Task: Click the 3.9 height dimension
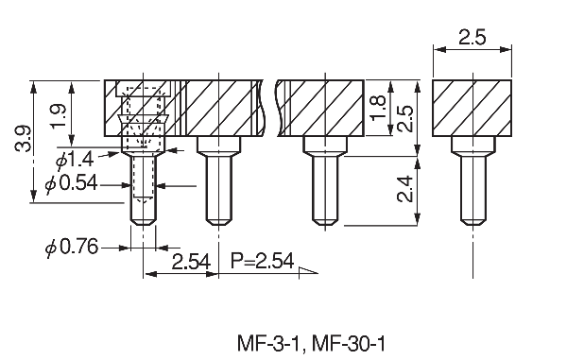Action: coord(23,139)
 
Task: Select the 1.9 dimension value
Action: coord(59,116)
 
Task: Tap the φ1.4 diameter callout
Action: coord(75,160)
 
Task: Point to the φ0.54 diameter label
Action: coord(71,183)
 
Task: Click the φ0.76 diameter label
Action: coord(72,248)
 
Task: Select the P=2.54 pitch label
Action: coord(262,261)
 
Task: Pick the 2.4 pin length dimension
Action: coord(404,189)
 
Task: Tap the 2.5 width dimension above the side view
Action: coord(472,37)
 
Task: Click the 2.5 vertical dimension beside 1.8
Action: coord(404,118)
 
